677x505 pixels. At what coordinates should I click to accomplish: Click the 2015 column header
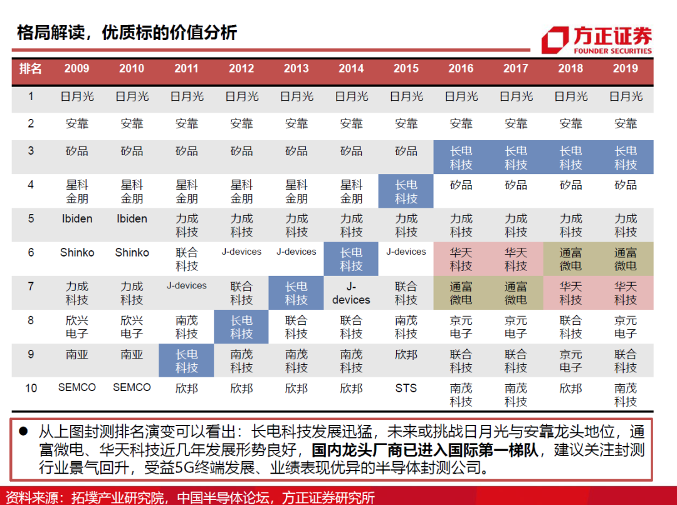pos(406,69)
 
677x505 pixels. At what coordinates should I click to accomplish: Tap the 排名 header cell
pos(30,69)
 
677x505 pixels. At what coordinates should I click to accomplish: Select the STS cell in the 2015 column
pos(406,388)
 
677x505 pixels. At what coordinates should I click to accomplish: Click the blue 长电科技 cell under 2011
pos(186,361)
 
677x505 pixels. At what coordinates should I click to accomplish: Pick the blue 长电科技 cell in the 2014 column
pos(351,259)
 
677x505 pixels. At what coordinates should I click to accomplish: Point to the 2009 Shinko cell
pos(77,253)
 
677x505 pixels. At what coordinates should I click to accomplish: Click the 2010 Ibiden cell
pos(132,219)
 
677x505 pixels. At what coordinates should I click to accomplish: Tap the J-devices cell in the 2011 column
pos(186,286)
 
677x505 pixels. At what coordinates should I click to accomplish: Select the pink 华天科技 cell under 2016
pos(461,259)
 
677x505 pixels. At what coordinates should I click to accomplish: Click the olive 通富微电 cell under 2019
pos(626,259)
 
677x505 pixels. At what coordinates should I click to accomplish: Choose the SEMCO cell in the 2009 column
pos(77,388)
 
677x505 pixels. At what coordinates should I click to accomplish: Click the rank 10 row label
pos(31,389)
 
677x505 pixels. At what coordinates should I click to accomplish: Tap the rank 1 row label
pos(31,97)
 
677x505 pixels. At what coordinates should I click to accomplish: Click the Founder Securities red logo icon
pos(555,40)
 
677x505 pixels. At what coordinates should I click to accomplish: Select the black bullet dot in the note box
pos(23,432)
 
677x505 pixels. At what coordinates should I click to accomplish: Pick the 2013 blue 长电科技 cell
pos(296,293)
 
